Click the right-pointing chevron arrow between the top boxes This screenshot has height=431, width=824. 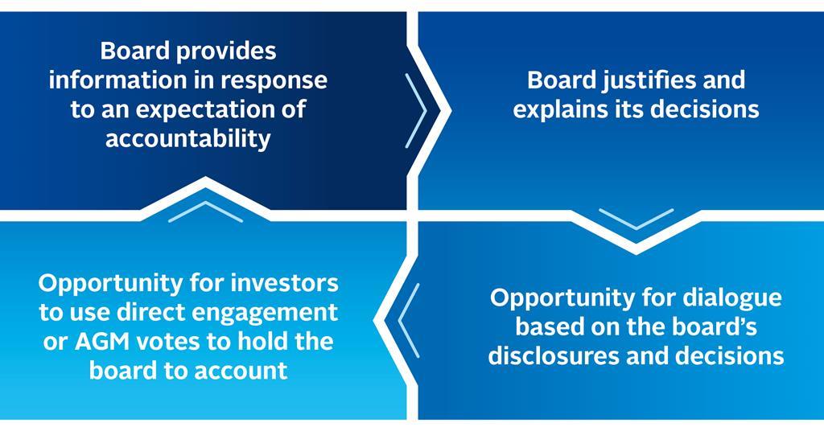click(x=418, y=110)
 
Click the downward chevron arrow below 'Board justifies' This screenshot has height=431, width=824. click(x=636, y=218)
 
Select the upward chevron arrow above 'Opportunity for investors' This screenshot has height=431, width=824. click(x=205, y=211)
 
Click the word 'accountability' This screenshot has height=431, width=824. click(x=187, y=138)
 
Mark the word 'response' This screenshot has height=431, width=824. click(x=278, y=80)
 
